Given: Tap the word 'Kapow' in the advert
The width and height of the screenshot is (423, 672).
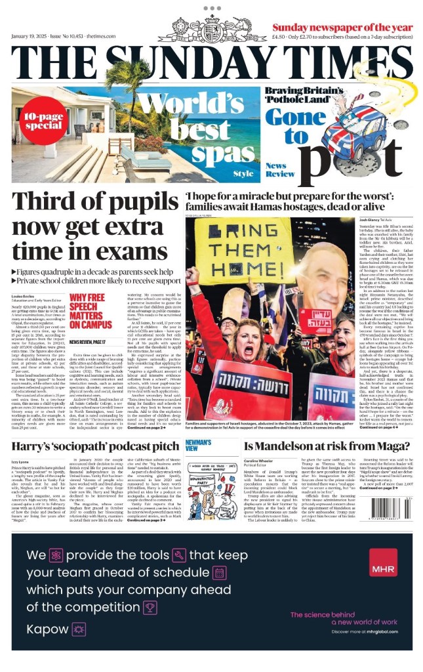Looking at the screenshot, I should [x=47, y=629].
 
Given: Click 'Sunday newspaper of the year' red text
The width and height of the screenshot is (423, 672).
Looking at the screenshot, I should [x=342, y=28].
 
